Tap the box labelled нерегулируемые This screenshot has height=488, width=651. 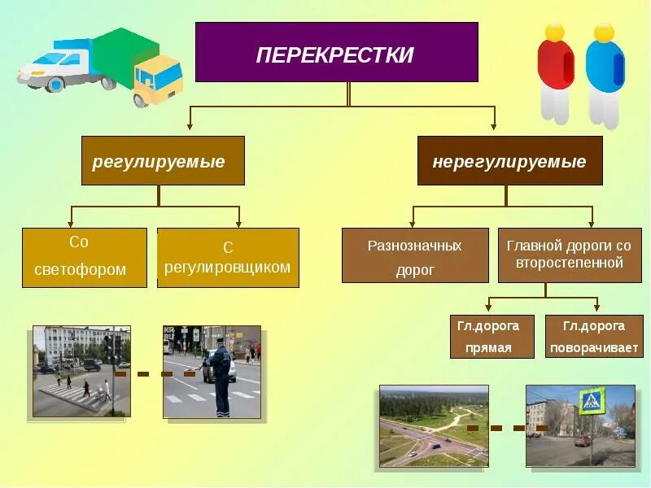pyautogui.click(x=509, y=161)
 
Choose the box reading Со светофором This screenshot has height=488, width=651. pyautogui.click(x=85, y=257)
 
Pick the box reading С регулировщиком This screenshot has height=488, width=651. pyautogui.click(x=228, y=257)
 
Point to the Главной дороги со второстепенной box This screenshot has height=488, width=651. pyautogui.click(x=569, y=255)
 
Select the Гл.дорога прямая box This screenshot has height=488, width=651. pyautogui.click(x=492, y=337)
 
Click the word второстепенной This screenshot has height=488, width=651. pyautogui.click(x=570, y=264)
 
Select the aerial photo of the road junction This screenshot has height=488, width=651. pyautogui.click(x=434, y=426)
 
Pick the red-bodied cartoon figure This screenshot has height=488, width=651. pyautogui.click(x=555, y=69)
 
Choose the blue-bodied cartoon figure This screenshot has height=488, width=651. pyautogui.click(x=605, y=69)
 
